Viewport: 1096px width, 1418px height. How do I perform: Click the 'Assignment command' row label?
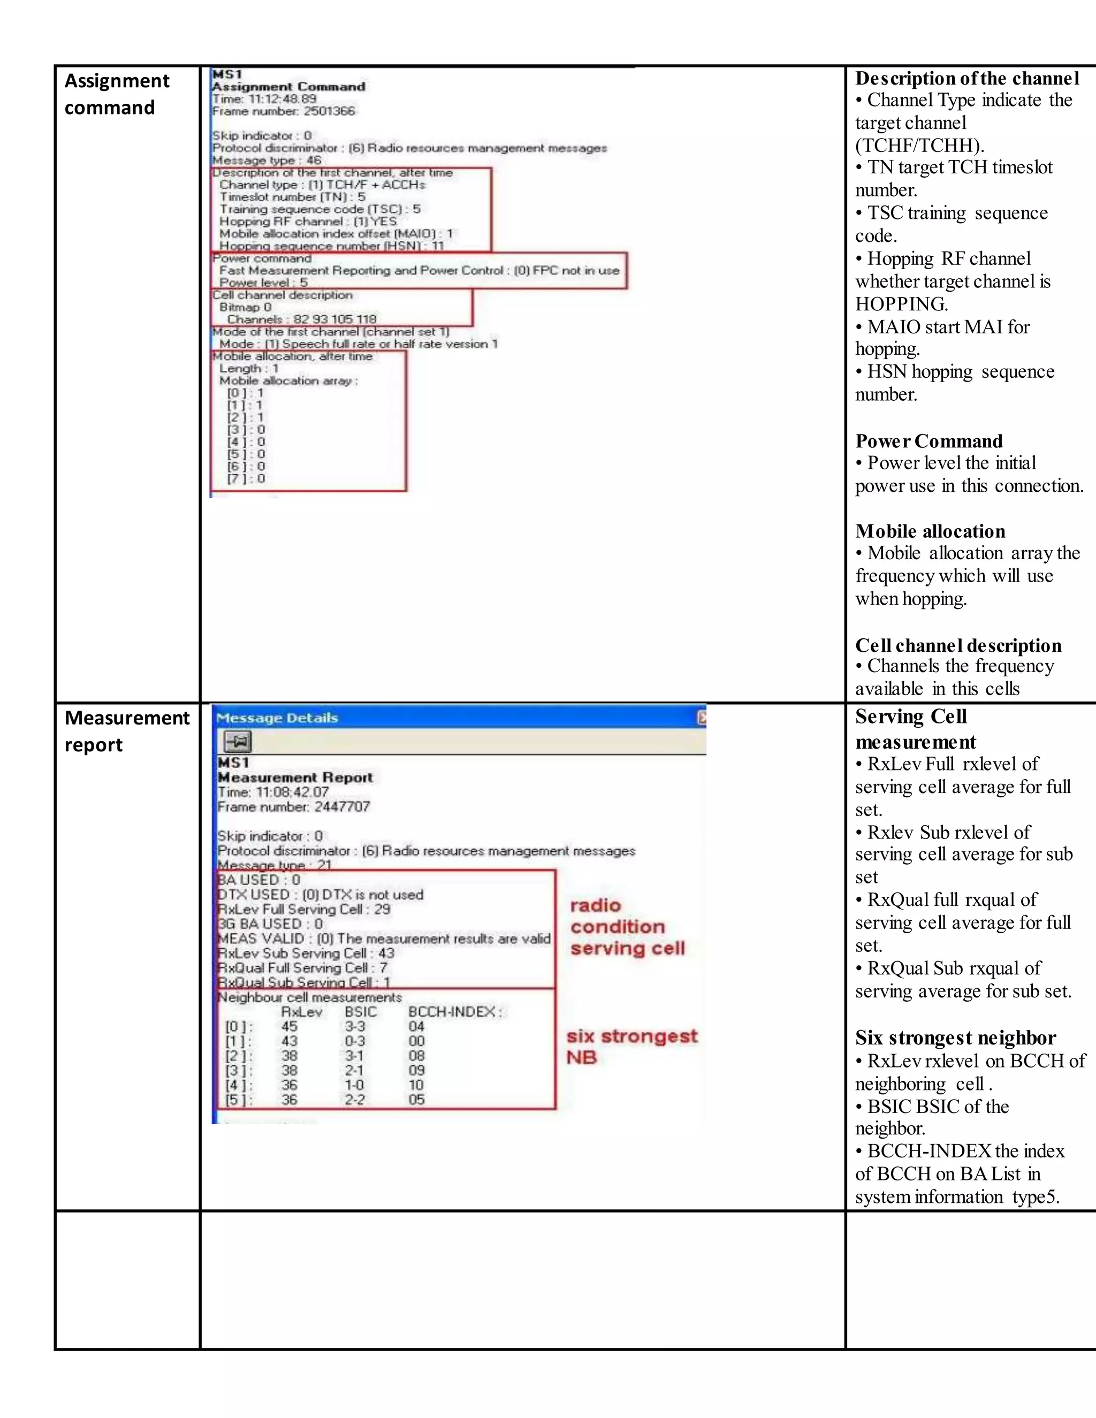[x=117, y=94]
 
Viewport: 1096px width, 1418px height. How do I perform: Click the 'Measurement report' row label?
[x=127, y=731]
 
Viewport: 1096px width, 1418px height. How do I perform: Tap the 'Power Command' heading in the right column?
[x=928, y=441]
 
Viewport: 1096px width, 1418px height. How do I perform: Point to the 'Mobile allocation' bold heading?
[x=930, y=532]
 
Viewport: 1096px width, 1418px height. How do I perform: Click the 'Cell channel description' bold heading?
[x=958, y=645]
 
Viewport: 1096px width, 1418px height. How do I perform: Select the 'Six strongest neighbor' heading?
[x=955, y=1038]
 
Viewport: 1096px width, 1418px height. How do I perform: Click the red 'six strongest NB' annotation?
[x=631, y=1047]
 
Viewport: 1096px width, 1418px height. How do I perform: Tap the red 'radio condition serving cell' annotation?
[x=627, y=927]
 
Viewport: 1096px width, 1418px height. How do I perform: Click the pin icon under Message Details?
[x=238, y=742]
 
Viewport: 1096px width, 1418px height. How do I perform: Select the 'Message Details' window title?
[x=277, y=718]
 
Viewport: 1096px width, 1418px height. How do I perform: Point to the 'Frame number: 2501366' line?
[x=284, y=111]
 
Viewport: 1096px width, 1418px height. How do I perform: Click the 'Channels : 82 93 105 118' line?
[x=301, y=319]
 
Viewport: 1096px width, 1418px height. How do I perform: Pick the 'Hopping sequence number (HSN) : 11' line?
[x=331, y=246]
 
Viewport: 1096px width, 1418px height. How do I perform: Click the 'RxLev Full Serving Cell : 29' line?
[x=304, y=910]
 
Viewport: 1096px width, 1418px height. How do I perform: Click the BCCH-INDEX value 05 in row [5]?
[x=416, y=1100]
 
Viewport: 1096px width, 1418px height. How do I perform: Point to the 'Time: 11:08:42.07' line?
[x=273, y=792]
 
